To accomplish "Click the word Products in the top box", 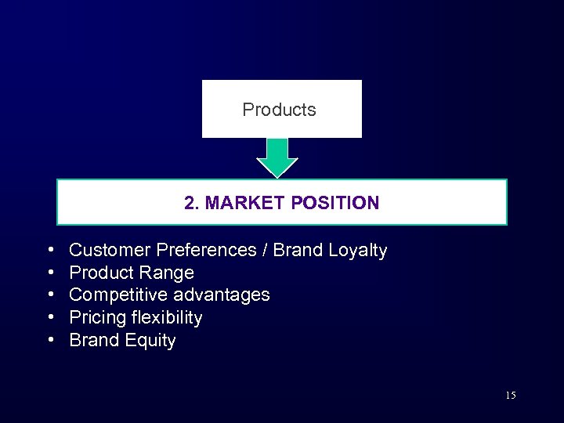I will [x=279, y=110].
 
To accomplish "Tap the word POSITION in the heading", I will [x=334, y=203].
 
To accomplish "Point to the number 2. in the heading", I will [x=191, y=203].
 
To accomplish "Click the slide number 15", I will [x=510, y=396].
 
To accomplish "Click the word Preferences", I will [x=207, y=250].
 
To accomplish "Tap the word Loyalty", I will [x=357, y=251].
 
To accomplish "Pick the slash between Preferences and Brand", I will [x=266, y=250].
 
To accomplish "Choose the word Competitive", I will [x=118, y=295].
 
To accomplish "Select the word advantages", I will [x=222, y=295].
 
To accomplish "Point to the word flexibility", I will [x=166, y=317].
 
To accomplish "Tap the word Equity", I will [x=150, y=341].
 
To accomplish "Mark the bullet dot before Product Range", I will [x=50, y=273].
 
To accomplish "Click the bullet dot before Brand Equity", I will [x=50, y=340].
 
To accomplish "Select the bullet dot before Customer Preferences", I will [x=50, y=250].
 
